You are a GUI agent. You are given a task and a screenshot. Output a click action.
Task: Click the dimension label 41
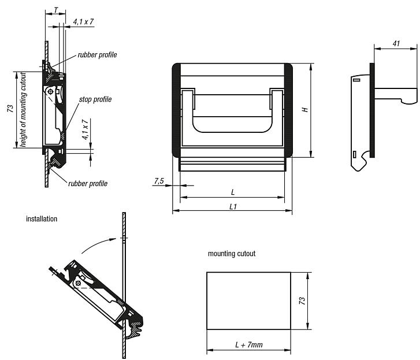point(396,43)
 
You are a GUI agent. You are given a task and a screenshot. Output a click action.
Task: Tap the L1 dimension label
point(232,206)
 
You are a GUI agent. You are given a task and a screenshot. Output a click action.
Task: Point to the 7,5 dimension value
point(159,181)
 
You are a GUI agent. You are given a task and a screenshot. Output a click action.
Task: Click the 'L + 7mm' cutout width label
point(248,345)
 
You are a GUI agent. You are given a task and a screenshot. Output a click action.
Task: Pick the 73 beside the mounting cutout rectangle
point(302,300)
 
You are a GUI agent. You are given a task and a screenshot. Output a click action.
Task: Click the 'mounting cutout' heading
point(232,254)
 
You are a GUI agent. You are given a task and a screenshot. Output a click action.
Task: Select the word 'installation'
point(42,219)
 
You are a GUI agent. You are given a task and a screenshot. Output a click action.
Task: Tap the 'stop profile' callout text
point(95,99)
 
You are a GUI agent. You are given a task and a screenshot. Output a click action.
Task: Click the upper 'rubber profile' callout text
point(98,55)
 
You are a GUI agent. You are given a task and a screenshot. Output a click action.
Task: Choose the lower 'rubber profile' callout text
point(88,183)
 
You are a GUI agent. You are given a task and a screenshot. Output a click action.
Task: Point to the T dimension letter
point(55,10)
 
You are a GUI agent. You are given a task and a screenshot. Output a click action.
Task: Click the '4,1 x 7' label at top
point(84,21)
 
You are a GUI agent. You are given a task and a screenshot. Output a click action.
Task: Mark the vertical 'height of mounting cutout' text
point(23,109)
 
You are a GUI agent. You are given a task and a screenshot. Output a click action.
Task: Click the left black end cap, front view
point(176,110)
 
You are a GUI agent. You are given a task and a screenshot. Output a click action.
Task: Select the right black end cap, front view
point(287,110)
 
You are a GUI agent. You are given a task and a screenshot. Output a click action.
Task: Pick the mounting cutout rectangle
point(248,300)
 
